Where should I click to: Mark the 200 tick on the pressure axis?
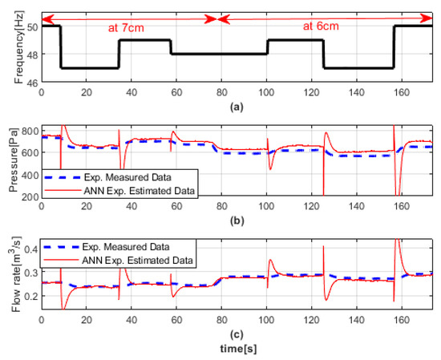pos(27,197)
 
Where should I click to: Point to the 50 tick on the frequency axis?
pos(30,26)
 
